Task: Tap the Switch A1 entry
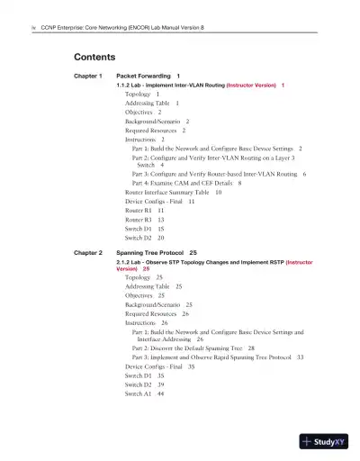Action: click(x=144, y=393)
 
